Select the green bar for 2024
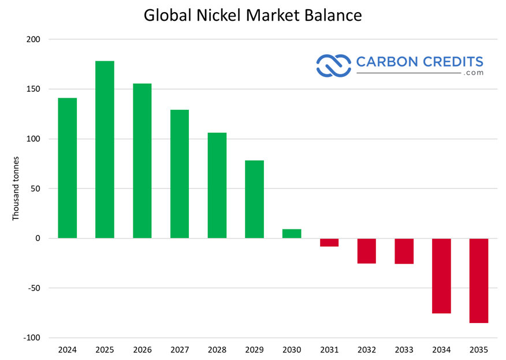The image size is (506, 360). click(68, 168)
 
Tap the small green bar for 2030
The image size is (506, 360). click(292, 233)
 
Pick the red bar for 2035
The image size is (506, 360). click(479, 280)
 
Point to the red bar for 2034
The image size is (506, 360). click(441, 276)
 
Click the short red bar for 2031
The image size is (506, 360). click(329, 242)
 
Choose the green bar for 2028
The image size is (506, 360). click(217, 185)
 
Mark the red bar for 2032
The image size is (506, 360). click(367, 251)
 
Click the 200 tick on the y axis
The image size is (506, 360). click(33, 39)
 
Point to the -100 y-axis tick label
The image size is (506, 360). click(32, 337)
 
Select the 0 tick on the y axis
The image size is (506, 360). click(38, 238)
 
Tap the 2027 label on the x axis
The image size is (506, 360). click(180, 350)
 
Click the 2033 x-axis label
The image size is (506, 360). click(404, 350)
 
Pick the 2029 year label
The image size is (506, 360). click(254, 350)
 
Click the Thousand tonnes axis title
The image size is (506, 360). click(16, 188)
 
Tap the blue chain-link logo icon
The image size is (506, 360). click(333, 65)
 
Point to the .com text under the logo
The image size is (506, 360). click(474, 73)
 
